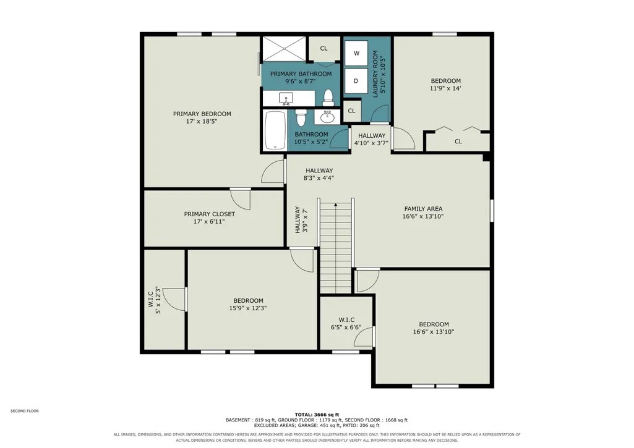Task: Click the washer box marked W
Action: point(356,53)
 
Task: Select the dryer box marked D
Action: point(356,81)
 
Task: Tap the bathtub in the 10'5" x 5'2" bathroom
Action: point(275,130)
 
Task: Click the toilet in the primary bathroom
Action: point(328,96)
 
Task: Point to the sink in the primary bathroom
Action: point(286,98)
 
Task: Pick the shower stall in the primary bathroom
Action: point(285,48)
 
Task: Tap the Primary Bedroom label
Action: point(202,114)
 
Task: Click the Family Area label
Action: point(423,209)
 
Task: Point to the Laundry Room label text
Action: point(375,74)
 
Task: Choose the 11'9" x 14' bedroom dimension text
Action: point(445,88)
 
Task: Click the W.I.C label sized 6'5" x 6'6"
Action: point(346,320)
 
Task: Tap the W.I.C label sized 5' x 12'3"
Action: point(150,299)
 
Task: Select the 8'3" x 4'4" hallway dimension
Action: point(319,178)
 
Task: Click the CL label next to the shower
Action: point(324,48)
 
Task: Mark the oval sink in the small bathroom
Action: point(327,117)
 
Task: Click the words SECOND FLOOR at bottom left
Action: point(25,411)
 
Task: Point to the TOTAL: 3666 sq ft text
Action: point(317,415)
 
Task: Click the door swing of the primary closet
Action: point(241,199)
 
